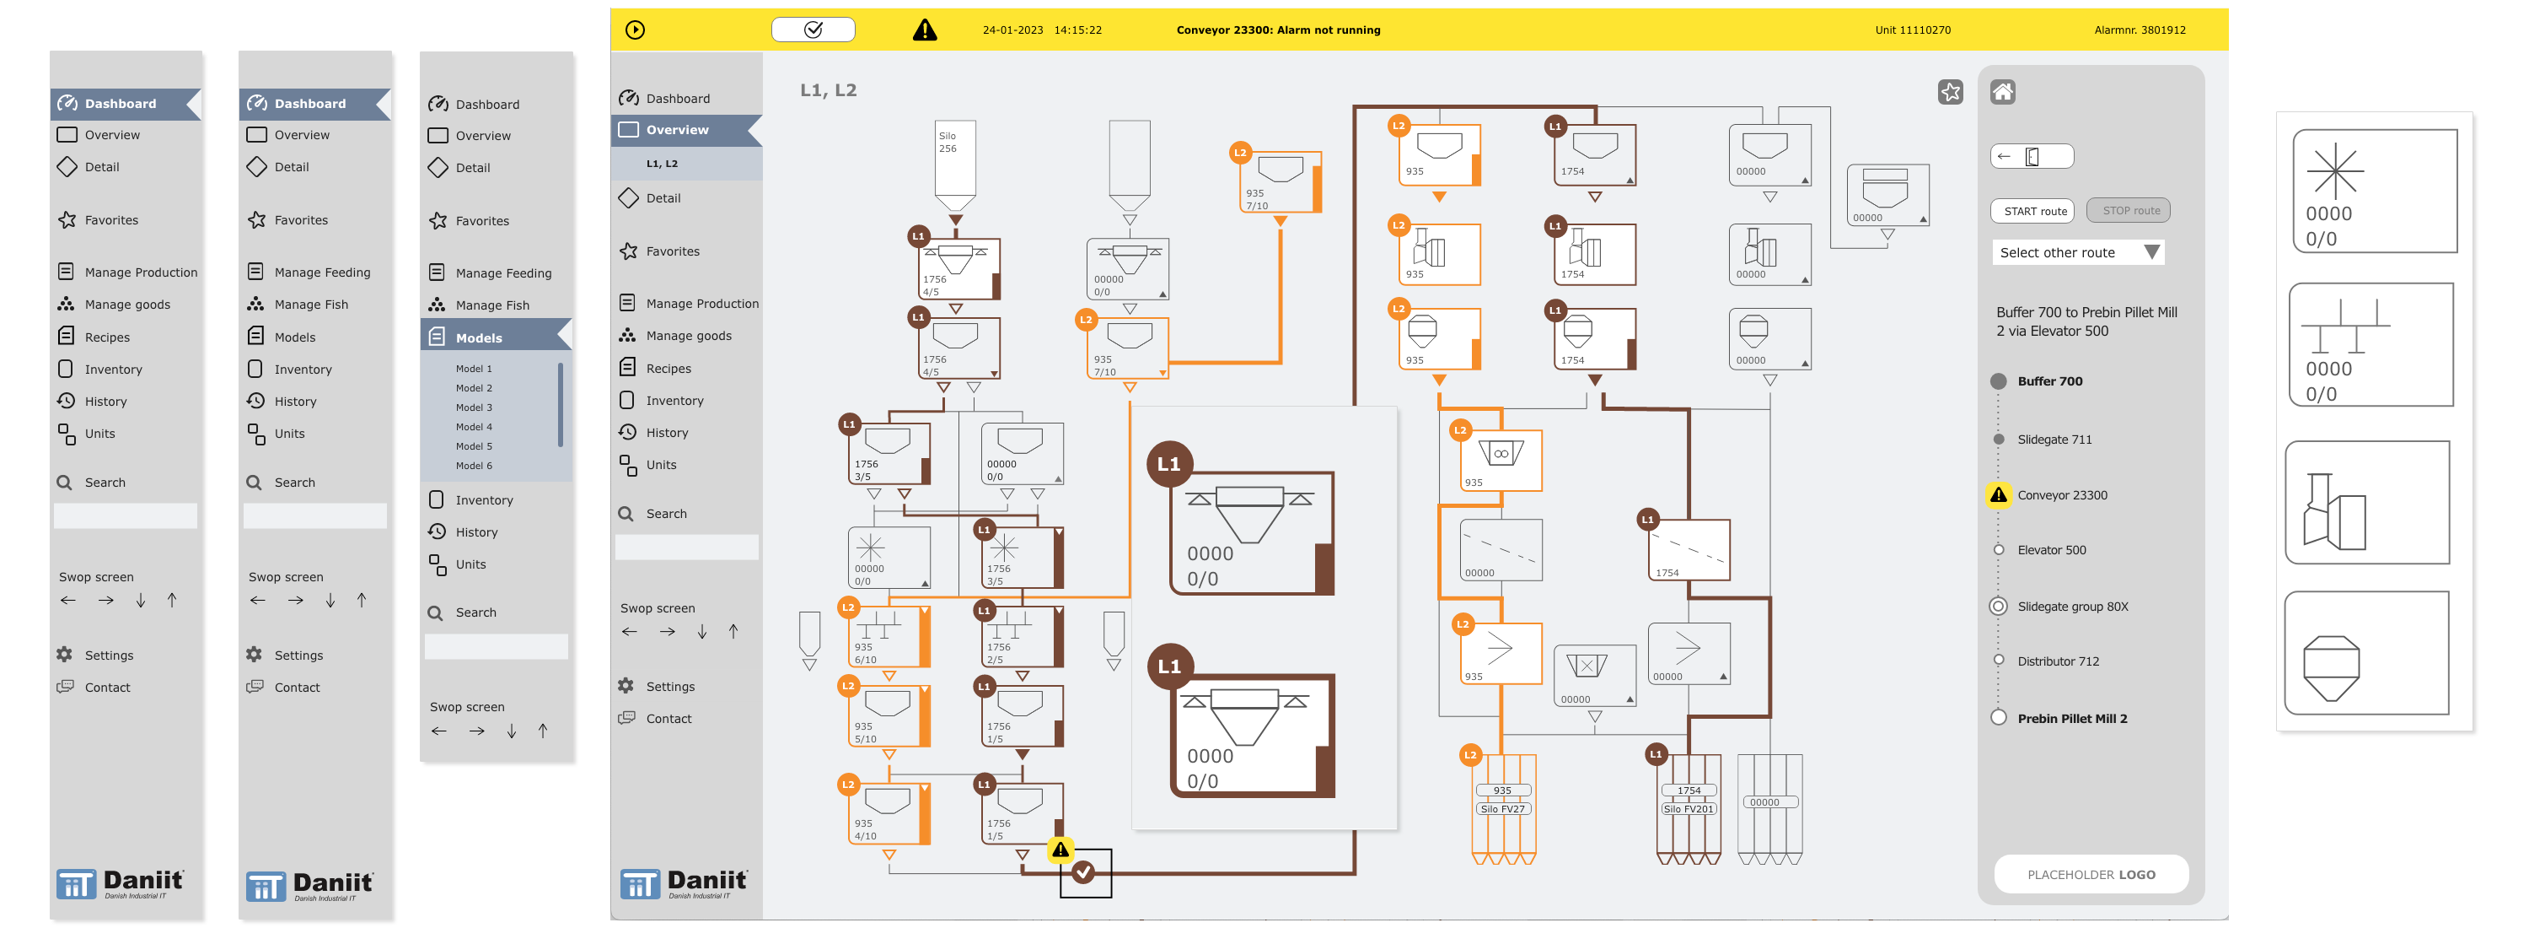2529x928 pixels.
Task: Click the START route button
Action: coord(2034,211)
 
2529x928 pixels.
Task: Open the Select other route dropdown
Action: coord(2076,252)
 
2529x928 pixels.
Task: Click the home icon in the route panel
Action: coord(2002,92)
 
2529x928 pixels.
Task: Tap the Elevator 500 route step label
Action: coord(2051,550)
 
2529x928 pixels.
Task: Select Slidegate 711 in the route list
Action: coord(2054,440)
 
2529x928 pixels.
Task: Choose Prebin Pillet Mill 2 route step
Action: coord(2071,719)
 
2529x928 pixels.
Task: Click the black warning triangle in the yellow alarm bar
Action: coord(924,30)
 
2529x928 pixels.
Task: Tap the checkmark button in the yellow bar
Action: coord(813,30)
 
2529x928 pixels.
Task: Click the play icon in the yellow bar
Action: coord(635,30)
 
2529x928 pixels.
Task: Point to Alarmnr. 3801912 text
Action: coord(2140,30)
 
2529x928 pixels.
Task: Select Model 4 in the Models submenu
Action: coord(474,427)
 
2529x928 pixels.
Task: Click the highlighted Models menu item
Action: coord(478,337)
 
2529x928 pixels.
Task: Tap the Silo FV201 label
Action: coord(1688,809)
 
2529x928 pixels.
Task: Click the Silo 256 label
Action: coord(948,143)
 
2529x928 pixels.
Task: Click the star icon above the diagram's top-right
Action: coord(1950,92)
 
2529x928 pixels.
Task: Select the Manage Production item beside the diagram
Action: coord(701,304)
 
